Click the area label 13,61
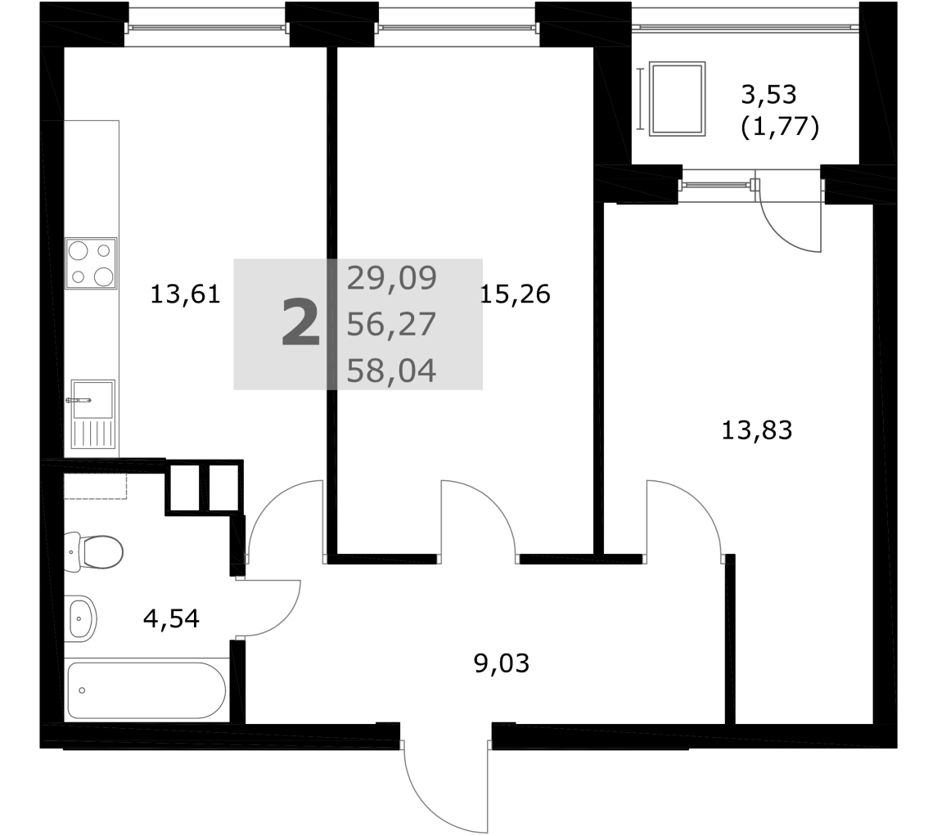(185, 294)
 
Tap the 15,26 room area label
(515, 294)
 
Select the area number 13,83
(757, 430)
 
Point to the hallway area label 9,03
(502, 663)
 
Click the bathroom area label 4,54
(172, 618)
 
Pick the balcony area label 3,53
(769, 94)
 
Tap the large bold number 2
(300, 324)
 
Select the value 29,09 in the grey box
(392, 278)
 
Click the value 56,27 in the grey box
(392, 325)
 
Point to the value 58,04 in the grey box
(392, 371)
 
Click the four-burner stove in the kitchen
(91, 264)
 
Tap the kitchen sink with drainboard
(92, 414)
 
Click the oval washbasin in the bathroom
(80, 618)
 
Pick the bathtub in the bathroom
(146, 690)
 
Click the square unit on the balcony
(677, 98)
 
